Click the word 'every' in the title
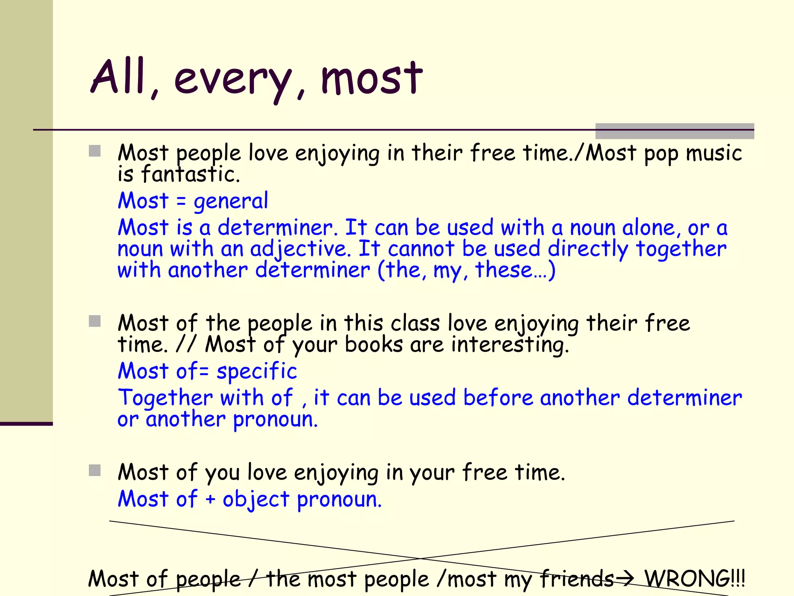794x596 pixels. pyautogui.click(x=232, y=80)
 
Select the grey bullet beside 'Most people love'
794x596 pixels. pyautogui.click(x=95, y=151)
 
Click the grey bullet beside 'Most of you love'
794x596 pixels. pyautogui.click(x=95, y=470)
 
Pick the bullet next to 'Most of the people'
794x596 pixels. pyautogui.click(x=95, y=321)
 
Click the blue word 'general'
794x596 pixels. pyautogui.click(x=231, y=201)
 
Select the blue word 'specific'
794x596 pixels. pyautogui.click(x=257, y=371)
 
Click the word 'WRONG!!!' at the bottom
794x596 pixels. pyautogui.click(x=694, y=579)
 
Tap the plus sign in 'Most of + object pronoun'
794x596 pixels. pyautogui.click(x=210, y=499)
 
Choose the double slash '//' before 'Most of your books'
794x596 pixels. pyautogui.click(x=185, y=344)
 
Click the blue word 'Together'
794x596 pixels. pyautogui.click(x=165, y=398)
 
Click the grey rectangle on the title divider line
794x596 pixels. pyautogui.click(x=675, y=131)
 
